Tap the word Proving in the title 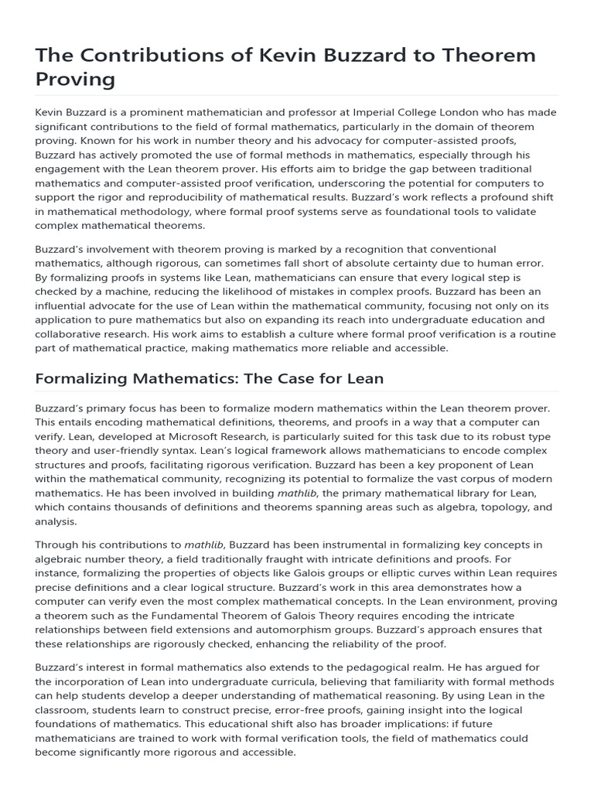click(x=75, y=80)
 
